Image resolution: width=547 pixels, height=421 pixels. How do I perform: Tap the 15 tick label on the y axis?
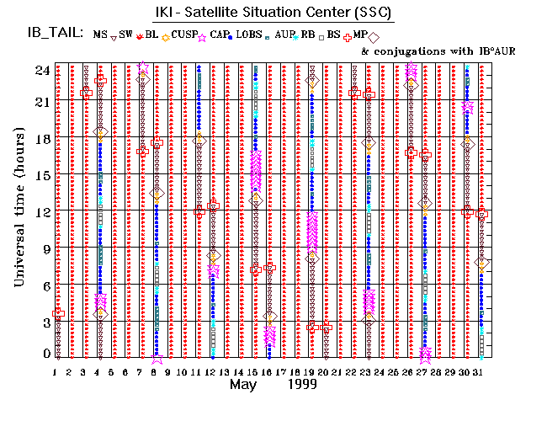(x=40, y=175)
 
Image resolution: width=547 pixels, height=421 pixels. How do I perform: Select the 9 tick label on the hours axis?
(x=44, y=248)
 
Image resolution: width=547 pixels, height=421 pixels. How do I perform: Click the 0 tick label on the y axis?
(x=44, y=354)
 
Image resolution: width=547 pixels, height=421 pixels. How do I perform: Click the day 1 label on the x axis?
(x=55, y=372)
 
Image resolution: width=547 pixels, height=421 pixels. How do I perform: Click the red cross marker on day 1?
(x=58, y=313)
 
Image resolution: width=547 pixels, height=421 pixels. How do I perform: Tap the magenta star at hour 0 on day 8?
(x=157, y=358)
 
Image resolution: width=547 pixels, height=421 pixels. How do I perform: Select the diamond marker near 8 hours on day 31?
(x=481, y=263)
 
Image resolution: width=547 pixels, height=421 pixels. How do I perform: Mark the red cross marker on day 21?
(x=327, y=326)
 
